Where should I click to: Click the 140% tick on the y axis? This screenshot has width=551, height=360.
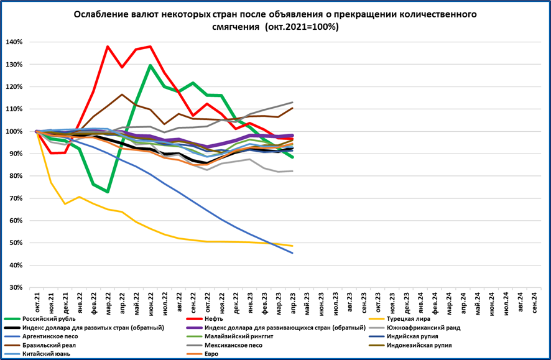click(x=14, y=42)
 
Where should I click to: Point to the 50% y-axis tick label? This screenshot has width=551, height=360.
click(x=15, y=243)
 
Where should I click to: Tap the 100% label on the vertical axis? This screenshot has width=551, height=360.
click(x=14, y=132)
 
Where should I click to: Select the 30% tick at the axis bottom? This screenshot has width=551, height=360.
click(x=15, y=288)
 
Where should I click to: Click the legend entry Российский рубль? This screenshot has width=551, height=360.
click(x=50, y=319)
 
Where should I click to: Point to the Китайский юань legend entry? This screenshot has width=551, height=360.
click(x=46, y=354)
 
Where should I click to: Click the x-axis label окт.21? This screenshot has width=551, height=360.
click(x=37, y=302)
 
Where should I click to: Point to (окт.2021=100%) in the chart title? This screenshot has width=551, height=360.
click(x=301, y=27)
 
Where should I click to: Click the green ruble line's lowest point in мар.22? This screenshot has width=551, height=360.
click(x=108, y=192)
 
